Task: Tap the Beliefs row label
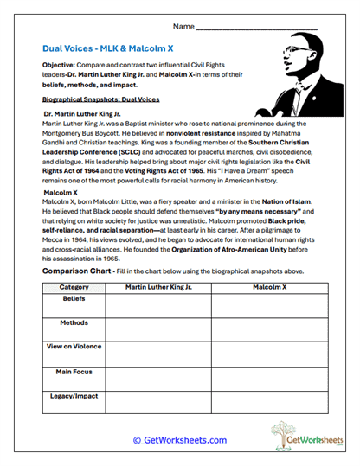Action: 74,298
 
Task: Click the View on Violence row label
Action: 74,347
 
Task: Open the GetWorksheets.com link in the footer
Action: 179,440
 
